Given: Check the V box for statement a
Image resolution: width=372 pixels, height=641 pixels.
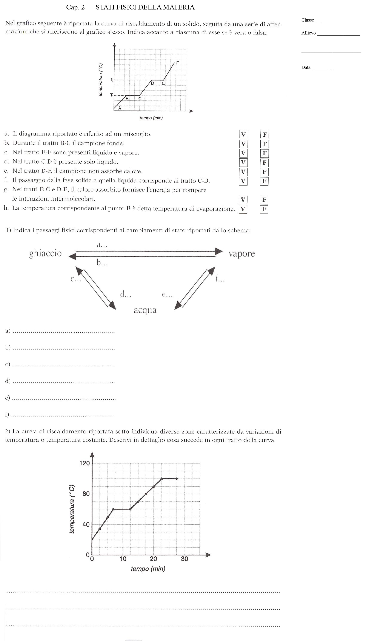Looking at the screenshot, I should [243, 134].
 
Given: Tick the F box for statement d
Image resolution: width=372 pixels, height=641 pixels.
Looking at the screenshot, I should [264, 162].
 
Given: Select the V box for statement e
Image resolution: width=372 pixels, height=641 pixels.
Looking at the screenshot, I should [243, 172].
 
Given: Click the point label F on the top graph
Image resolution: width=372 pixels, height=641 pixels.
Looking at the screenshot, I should [177, 62].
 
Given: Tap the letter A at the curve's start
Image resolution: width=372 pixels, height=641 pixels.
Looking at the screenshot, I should [120, 108].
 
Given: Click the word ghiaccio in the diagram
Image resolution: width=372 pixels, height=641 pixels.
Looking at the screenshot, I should [45, 254].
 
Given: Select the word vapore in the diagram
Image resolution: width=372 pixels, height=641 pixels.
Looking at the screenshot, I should [241, 254].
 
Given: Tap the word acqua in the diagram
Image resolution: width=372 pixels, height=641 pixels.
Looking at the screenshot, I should [145, 310].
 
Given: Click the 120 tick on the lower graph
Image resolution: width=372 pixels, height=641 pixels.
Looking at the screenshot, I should [85, 463].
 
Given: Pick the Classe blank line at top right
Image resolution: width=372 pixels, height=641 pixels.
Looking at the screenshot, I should [322, 22].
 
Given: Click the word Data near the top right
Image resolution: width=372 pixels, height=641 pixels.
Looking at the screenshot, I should [306, 67].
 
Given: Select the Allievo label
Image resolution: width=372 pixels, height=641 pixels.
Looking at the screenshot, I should [309, 33].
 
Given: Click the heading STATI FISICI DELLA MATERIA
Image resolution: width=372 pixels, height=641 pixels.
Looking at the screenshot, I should [145, 7].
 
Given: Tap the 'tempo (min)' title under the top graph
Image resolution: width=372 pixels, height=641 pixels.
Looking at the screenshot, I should [151, 118].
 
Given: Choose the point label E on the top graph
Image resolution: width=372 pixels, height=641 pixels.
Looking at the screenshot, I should [163, 83].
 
